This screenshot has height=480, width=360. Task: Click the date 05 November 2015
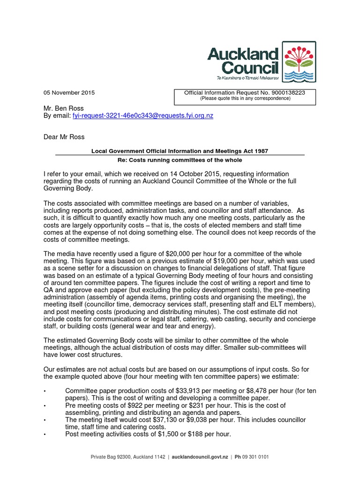coord(68,93)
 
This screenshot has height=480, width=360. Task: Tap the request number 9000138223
coord(288,93)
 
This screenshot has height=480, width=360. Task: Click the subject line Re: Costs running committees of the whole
coord(180,160)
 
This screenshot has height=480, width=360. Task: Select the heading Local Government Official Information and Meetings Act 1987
coord(180,150)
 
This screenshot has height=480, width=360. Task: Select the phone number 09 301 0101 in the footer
coord(255,457)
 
